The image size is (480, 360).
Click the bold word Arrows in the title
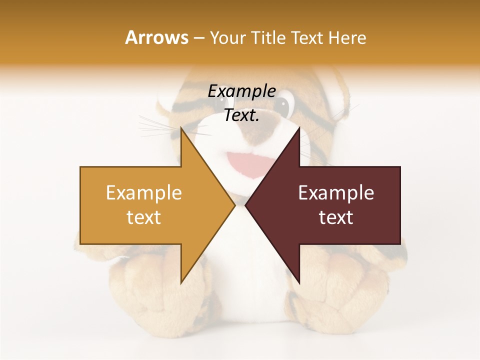[x=157, y=37]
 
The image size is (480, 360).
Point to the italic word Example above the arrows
[x=241, y=91]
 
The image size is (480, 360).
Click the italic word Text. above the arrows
[x=241, y=115]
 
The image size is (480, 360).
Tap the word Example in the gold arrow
[x=144, y=192]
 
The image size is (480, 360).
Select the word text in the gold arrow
[x=144, y=217]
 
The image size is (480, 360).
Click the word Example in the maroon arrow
[x=336, y=192]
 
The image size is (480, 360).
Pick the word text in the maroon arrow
[x=336, y=217]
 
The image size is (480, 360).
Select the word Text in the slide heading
[x=307, y=37]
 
